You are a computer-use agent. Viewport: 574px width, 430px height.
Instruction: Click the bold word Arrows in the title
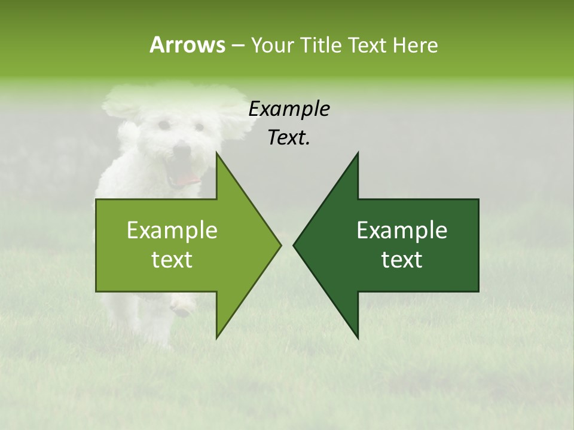[187, 45]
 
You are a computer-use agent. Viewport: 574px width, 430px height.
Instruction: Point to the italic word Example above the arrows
[289, 109]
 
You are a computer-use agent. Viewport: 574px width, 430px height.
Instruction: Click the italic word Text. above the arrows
[289, 138]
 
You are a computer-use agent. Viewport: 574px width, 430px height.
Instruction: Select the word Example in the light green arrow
[172, 231]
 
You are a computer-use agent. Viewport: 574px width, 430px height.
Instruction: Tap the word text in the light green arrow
[172, 260]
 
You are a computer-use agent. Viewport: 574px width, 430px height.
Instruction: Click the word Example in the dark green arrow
[402, 231]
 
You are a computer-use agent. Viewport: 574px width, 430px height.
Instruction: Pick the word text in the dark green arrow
[402, 260]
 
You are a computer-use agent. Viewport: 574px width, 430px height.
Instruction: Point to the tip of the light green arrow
[280, 245]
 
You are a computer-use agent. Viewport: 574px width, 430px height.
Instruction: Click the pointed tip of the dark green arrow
[294, 245]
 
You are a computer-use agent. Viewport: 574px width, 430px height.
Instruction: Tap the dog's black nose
[182, 149]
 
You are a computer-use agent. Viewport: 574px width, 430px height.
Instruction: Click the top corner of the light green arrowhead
[217, 153]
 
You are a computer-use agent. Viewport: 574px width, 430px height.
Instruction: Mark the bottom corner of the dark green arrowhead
[358, 338]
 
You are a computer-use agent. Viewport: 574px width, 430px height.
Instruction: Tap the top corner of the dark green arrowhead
[358, 153]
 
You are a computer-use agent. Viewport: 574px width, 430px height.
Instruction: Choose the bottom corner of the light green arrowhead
[217, 338]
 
